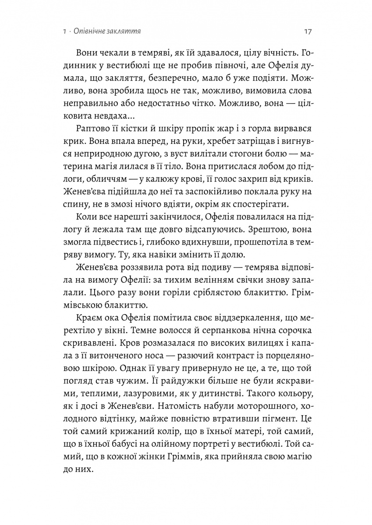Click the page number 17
click(307, 31)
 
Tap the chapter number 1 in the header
click(64, 32)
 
